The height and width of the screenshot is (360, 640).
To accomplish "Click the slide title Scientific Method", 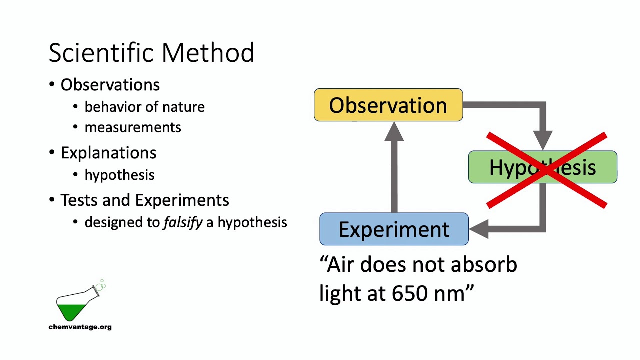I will coord(151,53).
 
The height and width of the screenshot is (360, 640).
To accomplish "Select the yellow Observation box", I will coord(388,105).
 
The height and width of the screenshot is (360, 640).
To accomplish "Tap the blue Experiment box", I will coord(394,229).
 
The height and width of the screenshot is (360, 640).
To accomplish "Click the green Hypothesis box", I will coord(542,167).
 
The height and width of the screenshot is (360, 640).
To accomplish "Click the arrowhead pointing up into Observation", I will coord(394,131).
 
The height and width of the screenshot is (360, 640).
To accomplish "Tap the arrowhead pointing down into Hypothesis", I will coord(542,139).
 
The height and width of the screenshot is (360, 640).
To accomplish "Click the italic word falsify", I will coord(183,222).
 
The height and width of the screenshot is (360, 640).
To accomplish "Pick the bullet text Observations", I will coord(110,85).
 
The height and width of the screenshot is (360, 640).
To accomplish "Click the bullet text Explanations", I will coord(108,153).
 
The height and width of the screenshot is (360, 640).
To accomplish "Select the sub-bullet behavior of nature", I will coord(144,107).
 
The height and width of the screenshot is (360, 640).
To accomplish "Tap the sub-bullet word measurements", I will coord(133,127).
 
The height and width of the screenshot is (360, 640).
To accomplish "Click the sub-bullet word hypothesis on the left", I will coord(119,175).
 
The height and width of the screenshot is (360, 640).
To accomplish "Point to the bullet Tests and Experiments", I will coord(144,200).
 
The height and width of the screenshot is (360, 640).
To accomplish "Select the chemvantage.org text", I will coord(80,327).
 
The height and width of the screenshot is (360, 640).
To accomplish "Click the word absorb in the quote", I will coord(484,264).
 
